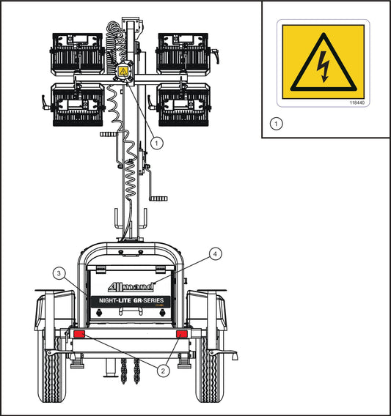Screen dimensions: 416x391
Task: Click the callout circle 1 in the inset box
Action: point(276,123)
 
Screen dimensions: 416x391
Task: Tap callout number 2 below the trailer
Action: point(164,371)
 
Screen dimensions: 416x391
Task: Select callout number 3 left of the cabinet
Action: point(59,272)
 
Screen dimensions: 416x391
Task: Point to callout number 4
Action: point(215,254)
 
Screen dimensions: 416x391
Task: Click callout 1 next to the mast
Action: point(156,144)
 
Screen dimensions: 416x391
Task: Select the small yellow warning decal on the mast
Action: point(123,72)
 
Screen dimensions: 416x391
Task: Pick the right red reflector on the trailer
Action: point(182,335)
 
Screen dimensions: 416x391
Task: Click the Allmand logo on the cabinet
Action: point(131,285)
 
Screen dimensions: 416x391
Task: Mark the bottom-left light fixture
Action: point(78,104)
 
